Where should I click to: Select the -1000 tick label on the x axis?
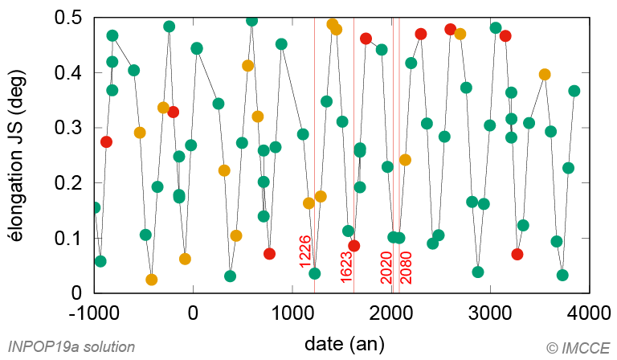[x=93, y=313]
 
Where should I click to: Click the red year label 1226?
[x=305, y=251]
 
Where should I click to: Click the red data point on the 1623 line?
[x=354, y=245]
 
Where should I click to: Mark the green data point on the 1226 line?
[x=315, y=273]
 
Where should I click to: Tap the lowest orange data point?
[x=152, y=280]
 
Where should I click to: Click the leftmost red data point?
[x=106, y=141]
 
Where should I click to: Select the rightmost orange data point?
[x=545, y=75]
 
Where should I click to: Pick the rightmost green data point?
[x=574, y=91]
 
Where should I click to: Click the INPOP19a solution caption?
[x=72, y=346]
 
